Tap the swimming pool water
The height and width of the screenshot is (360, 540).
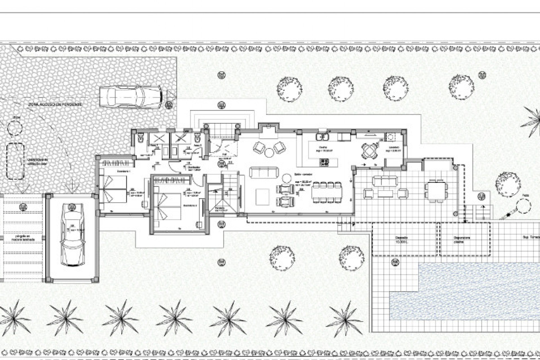pos(464,292)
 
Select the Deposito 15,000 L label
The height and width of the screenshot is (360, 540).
pos(399,239)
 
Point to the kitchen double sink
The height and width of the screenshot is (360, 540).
pos(322,137)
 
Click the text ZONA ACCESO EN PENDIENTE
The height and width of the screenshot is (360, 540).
pos(55,104)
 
